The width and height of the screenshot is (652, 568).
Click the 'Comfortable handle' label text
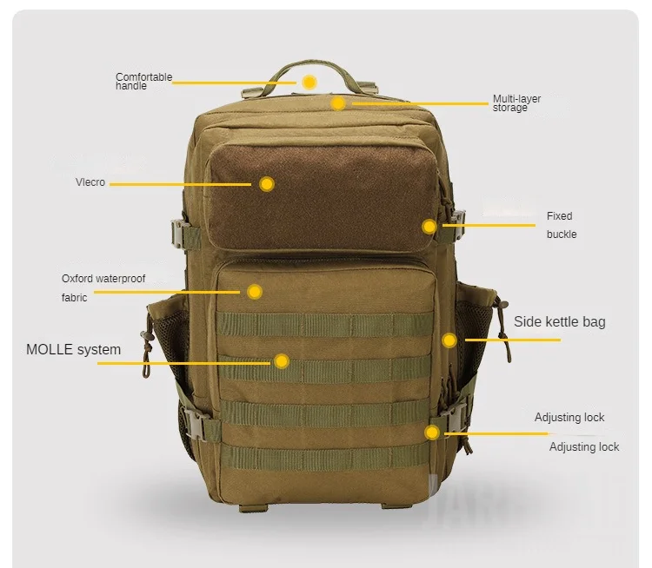pyautogui.click(x=143, y=82)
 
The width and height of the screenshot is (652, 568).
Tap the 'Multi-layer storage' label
pyautogui.click(x=516, y=102)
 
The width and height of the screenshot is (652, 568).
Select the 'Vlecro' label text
pyautogui.click(x=90, y=182)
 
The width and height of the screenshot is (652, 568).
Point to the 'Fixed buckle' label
pyautogui.click(x=561, y=225)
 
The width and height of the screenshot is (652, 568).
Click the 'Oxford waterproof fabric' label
pyautogui.click(x=103, y=287)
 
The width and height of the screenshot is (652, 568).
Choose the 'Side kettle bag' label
pyautogui.click(x=559, y=322)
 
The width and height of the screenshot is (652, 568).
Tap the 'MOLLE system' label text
pyautogui.click(x=73, y=350)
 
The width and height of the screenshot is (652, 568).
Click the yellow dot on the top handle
pyautogui.click(x=309, y=82)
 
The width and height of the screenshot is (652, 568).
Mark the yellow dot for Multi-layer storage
pyautogui.click(x=338, y=102)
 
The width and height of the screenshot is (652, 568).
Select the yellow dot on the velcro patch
pyautogui.click(x=267, y=184)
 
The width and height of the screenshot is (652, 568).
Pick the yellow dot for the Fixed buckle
pyautogui.click(x=429, y=227)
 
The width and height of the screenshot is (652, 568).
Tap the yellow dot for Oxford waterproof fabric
pyautogui.click(x=255, y=292)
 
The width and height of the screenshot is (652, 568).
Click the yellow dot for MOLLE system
pyautogui.click(x=282, y=361)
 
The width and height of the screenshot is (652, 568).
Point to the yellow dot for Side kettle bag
pyautogui.click(x=449, y=340)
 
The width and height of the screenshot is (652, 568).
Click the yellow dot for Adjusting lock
pyautogui.click(x=432, y=432)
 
